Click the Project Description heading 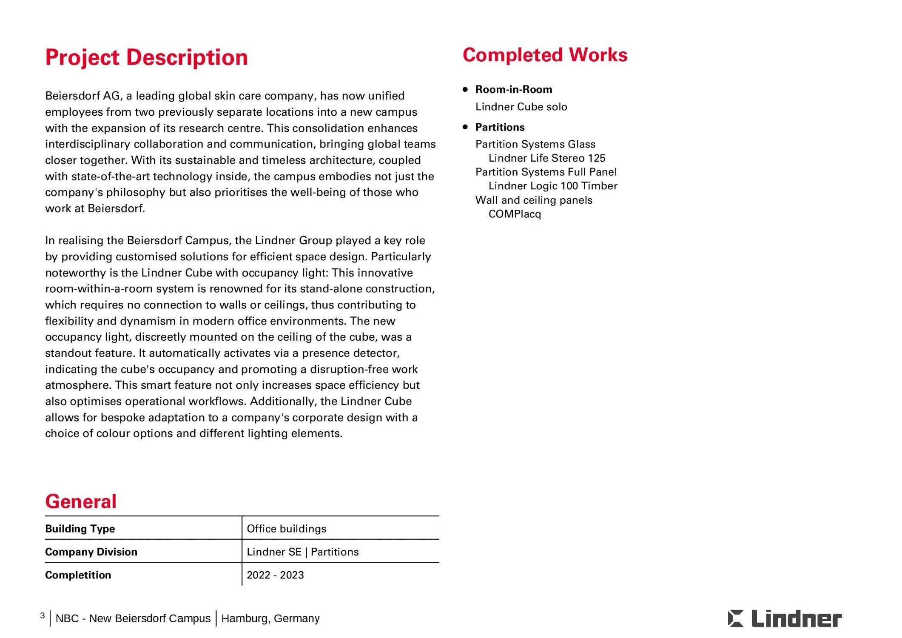pos(146,57)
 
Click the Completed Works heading pos(545,55)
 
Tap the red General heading pos(81,501)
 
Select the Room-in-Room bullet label pos(513,89)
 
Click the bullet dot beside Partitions pos(465,127)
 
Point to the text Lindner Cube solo pos(521,107)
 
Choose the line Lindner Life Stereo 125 pos(546,158)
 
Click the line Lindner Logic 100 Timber pos(552,186)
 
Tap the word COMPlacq pos(515,214)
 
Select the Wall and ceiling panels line pos(533,200)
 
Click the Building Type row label pos(80,529)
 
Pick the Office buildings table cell pos(286,529)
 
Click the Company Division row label pos(91,552)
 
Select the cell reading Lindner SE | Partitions pos(302,552)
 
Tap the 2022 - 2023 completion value pos(275,575)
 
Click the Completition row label pos(78,575)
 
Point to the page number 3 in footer pos(43,615)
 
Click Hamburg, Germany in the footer pos(270,618)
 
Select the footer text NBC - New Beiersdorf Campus pos(133,618)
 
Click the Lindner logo pos(784,619)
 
